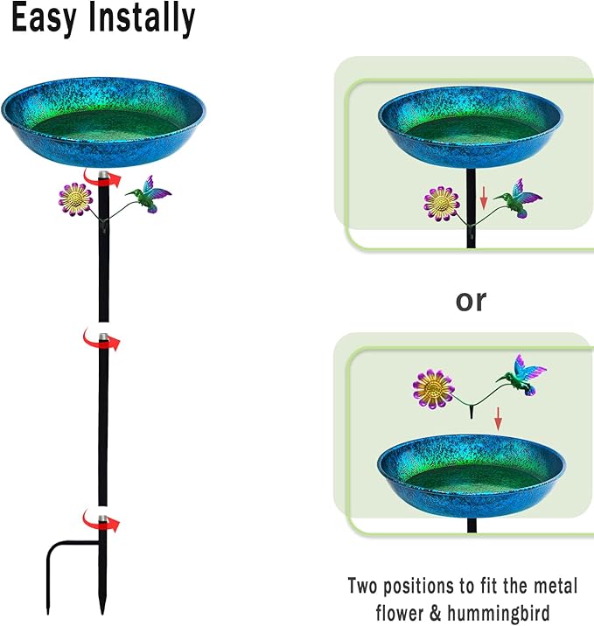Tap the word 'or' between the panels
(471, 301)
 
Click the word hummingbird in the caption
(499, 612)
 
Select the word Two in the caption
(363, 586)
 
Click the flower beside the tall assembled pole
(75, 198)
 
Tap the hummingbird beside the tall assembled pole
(149, 194)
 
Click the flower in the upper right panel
(442, 203)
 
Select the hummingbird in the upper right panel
(518, 198)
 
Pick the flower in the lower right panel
(433, 389)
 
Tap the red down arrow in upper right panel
(484, 198)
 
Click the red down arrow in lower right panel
(498, 419)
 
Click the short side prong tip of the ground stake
(48, 613)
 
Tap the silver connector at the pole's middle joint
(103, 337)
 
